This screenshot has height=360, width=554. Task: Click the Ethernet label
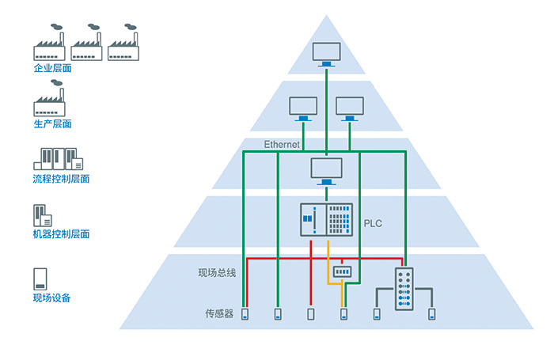tap(282, 145)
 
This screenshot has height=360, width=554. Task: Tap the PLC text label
tap(373, 223)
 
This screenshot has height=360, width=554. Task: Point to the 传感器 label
tap(219, 314)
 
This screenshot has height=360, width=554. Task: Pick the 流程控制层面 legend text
tap(61, 179)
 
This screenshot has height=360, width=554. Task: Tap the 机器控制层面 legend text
tap(61, 234)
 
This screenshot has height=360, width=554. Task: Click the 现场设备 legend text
tap(52, 298)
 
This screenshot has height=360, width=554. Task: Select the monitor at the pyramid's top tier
tap(325, 55)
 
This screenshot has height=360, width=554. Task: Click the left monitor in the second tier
tap(303, 108)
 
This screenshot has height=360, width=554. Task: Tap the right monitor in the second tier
tap(349, 108)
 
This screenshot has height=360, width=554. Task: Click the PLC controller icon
tap(326, 220)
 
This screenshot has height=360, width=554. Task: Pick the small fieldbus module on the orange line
tap(343, 271)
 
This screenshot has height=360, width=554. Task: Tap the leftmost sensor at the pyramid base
tap(245, 314)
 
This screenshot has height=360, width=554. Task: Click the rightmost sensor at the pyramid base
tap(432, 314)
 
